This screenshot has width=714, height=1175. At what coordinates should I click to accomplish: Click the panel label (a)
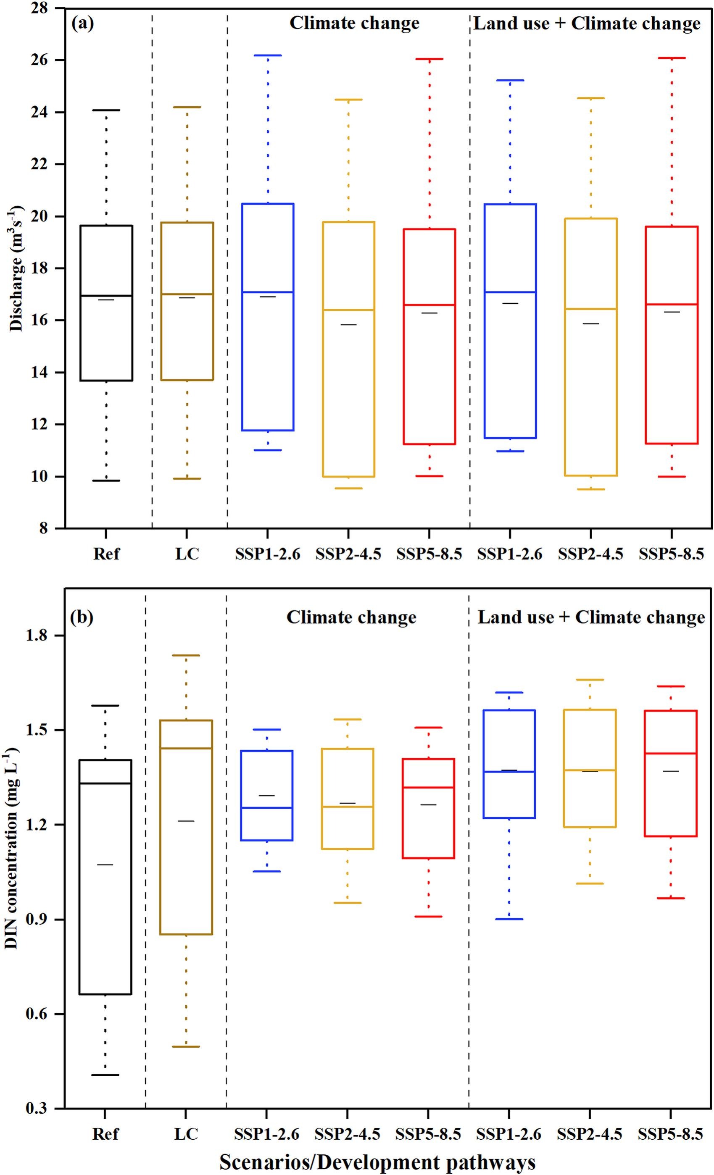82,23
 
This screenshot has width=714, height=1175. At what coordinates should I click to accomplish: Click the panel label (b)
82,617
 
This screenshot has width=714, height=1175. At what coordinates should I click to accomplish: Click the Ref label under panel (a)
106,554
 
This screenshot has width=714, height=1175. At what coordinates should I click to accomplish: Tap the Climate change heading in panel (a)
354,23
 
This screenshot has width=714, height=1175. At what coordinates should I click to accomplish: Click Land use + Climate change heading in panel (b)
591,617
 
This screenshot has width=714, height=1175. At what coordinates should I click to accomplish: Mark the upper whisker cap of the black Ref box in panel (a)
106,110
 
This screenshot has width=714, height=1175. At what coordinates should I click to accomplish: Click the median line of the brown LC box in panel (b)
186,748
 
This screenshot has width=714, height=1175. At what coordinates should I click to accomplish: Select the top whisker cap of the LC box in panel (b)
186,655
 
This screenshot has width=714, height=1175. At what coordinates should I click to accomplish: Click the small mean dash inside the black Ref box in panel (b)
105,865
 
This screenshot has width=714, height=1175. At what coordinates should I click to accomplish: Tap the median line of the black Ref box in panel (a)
106,296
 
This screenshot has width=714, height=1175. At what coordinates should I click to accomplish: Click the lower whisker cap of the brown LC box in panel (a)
187,478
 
